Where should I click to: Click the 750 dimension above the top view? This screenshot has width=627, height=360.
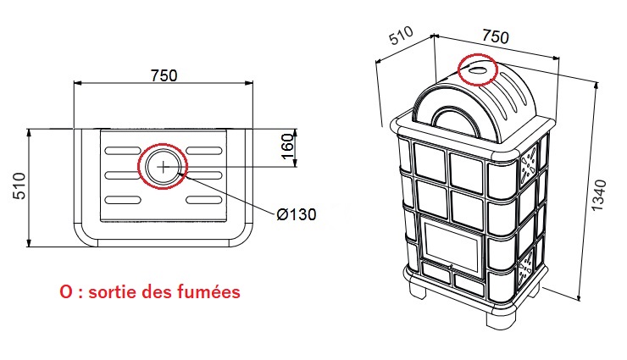pos(164,75)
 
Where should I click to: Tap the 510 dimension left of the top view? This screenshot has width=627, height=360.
pos(19,186)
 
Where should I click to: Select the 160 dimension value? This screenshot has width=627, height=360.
pos(287,147)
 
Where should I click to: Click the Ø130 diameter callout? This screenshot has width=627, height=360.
pos(297,214)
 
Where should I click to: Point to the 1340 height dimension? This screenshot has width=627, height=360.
pos(599,196)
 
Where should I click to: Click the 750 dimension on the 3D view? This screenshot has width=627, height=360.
pos(496,36)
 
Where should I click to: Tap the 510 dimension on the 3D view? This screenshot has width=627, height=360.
pos(401,36)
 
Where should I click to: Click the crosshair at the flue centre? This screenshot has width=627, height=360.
pos(164,167)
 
